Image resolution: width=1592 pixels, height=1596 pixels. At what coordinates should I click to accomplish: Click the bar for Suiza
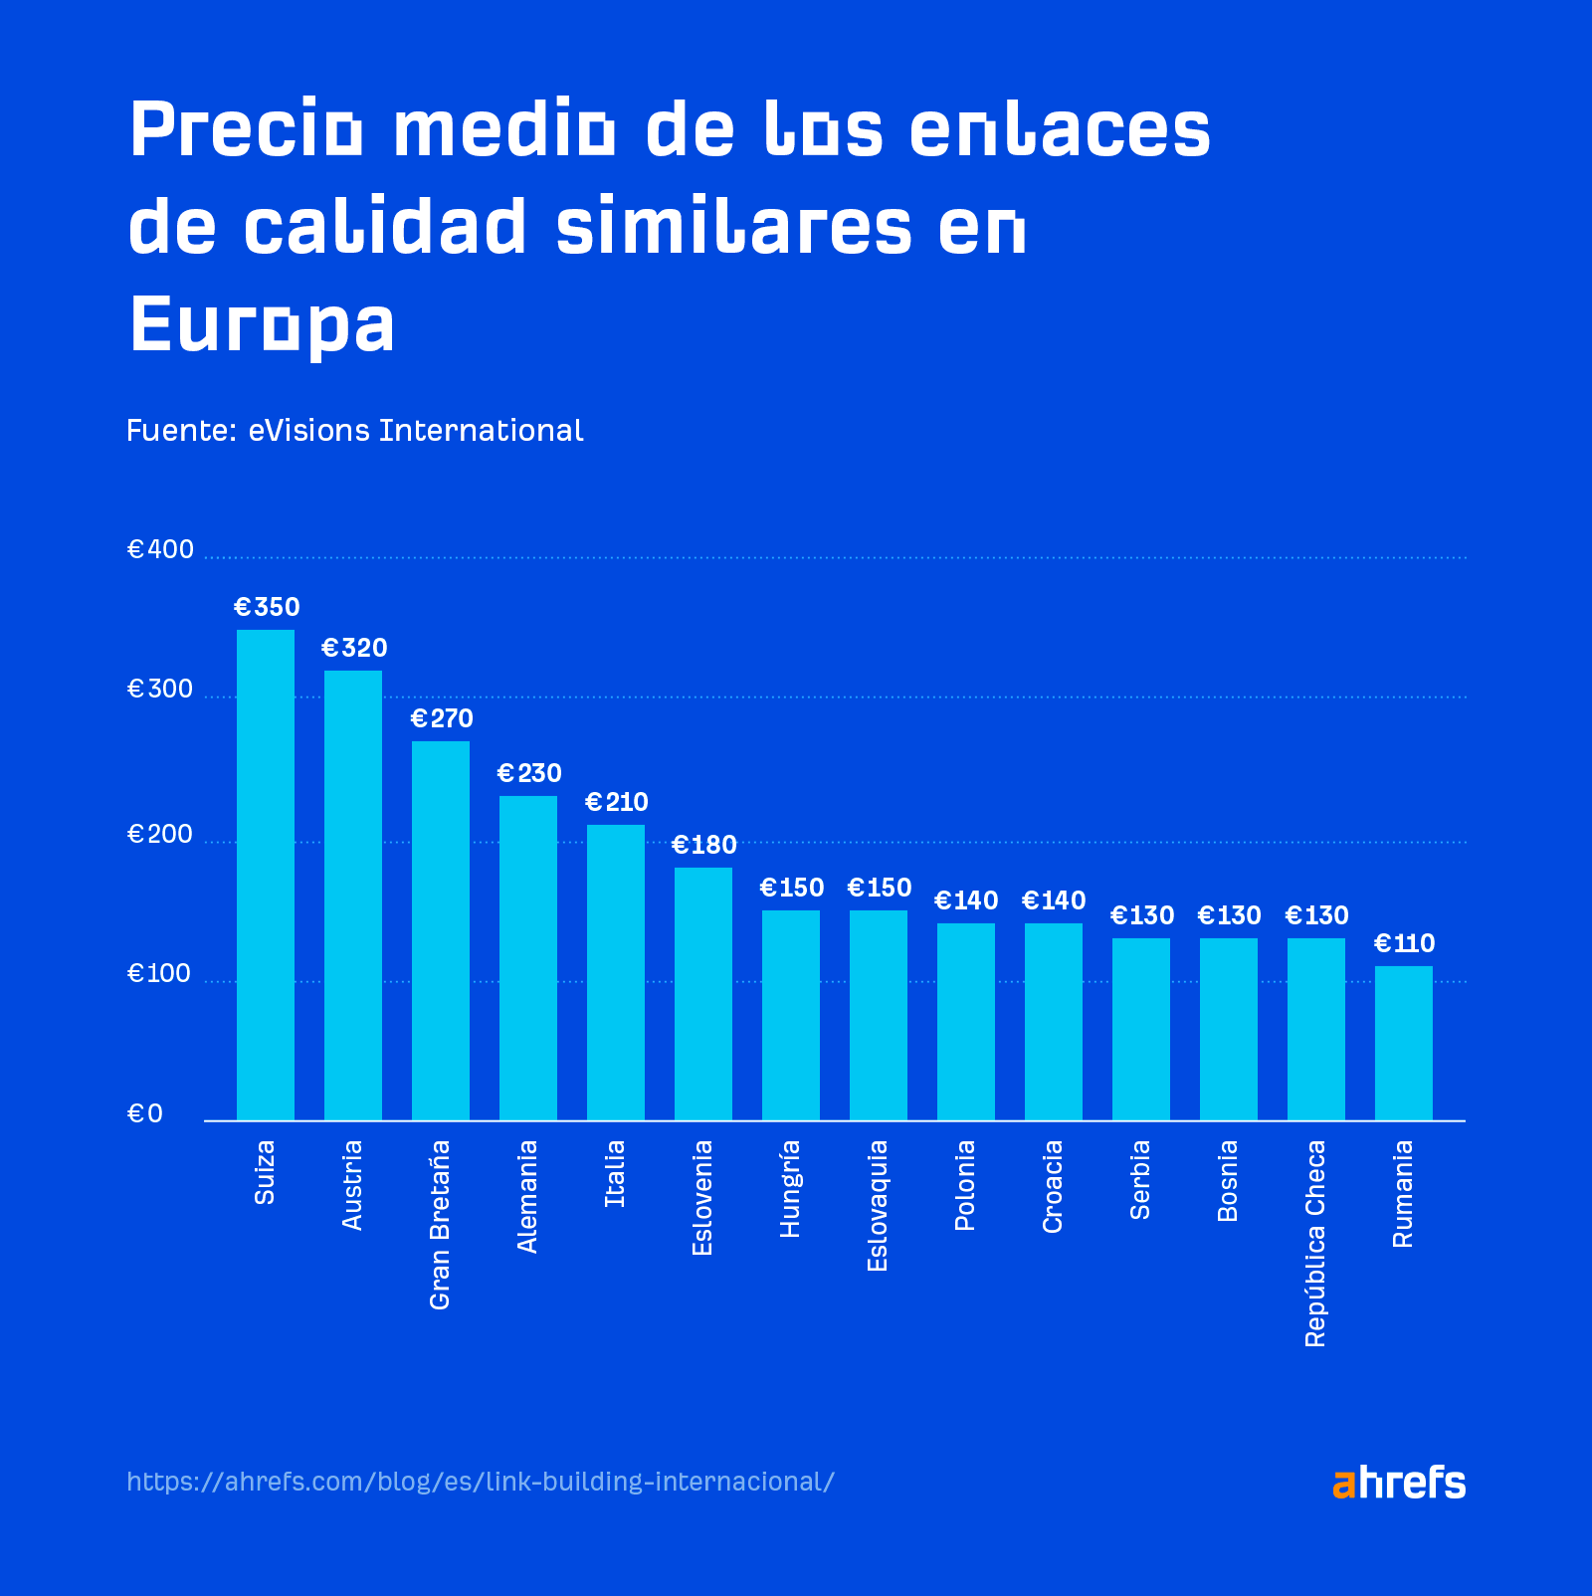(x=266, y=876)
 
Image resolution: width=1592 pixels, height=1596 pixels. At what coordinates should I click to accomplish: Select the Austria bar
(x=353, y=896)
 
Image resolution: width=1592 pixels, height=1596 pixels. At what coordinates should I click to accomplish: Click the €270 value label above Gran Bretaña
(x=442, y=718)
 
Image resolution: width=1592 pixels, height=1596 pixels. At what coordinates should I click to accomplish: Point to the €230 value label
(x=529, y=773)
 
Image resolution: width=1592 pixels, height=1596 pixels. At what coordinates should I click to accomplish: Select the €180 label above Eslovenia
(x=704, y=845)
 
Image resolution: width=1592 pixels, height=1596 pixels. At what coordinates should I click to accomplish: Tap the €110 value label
(x=1404, y=943)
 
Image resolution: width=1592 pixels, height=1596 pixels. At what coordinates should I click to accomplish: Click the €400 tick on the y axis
(x=160, y=549)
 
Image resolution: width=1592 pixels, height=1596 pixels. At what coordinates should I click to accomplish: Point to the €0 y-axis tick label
(x=144, y=1113)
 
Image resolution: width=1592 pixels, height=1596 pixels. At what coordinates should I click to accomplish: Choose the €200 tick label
(x=160, y=834)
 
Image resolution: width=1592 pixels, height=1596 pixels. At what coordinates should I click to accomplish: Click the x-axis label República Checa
(x=1315, y=1244)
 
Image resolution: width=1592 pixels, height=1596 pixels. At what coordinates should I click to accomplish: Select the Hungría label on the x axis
(x=790, y=1189)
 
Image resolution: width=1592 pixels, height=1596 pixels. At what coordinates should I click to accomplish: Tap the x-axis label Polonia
(x=965, y=1185)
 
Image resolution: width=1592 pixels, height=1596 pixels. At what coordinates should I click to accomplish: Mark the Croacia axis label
(x=1053, y=1187)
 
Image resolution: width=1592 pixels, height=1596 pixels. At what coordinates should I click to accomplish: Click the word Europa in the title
(x=263, y=325)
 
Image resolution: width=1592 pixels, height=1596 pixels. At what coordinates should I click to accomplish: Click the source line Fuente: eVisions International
(x=354, y=430)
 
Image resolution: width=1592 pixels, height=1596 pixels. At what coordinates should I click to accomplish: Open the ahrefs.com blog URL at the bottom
(x=481, y=1482)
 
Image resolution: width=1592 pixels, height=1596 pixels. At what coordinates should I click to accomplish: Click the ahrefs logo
(x=1398, y=1483)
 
